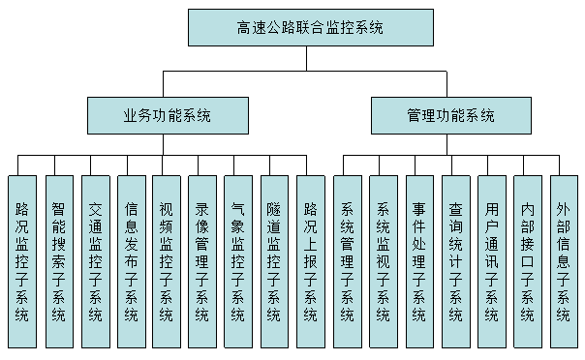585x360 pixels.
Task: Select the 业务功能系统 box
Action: tap(167, 115)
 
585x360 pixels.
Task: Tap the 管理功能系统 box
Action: tap(450, 115)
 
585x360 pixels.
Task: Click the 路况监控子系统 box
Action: tap(22, 261)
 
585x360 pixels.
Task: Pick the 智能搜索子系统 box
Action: tap(58, 261)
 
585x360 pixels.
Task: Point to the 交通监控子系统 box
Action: tap(95, 261)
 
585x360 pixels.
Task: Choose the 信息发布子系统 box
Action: tap(131, 261)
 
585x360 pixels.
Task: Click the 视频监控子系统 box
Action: tap(167, 261)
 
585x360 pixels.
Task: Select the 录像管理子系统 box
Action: tap(202, 261)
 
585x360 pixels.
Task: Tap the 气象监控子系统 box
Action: tap(238, 261)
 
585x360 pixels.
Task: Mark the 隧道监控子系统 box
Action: tap(274, 261)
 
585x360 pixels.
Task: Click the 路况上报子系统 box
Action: tap(310, 261)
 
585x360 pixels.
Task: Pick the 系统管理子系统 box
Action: tap(347, 261)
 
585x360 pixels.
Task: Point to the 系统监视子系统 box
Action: tap(383, 261)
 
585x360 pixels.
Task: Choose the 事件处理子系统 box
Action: tap(418, 261)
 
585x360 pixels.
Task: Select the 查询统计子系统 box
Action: tap(454, 261)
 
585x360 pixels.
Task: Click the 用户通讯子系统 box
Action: tap(491, 261)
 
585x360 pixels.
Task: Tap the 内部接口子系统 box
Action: tap(527, 261)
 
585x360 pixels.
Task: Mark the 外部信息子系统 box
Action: tap(563, 261)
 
